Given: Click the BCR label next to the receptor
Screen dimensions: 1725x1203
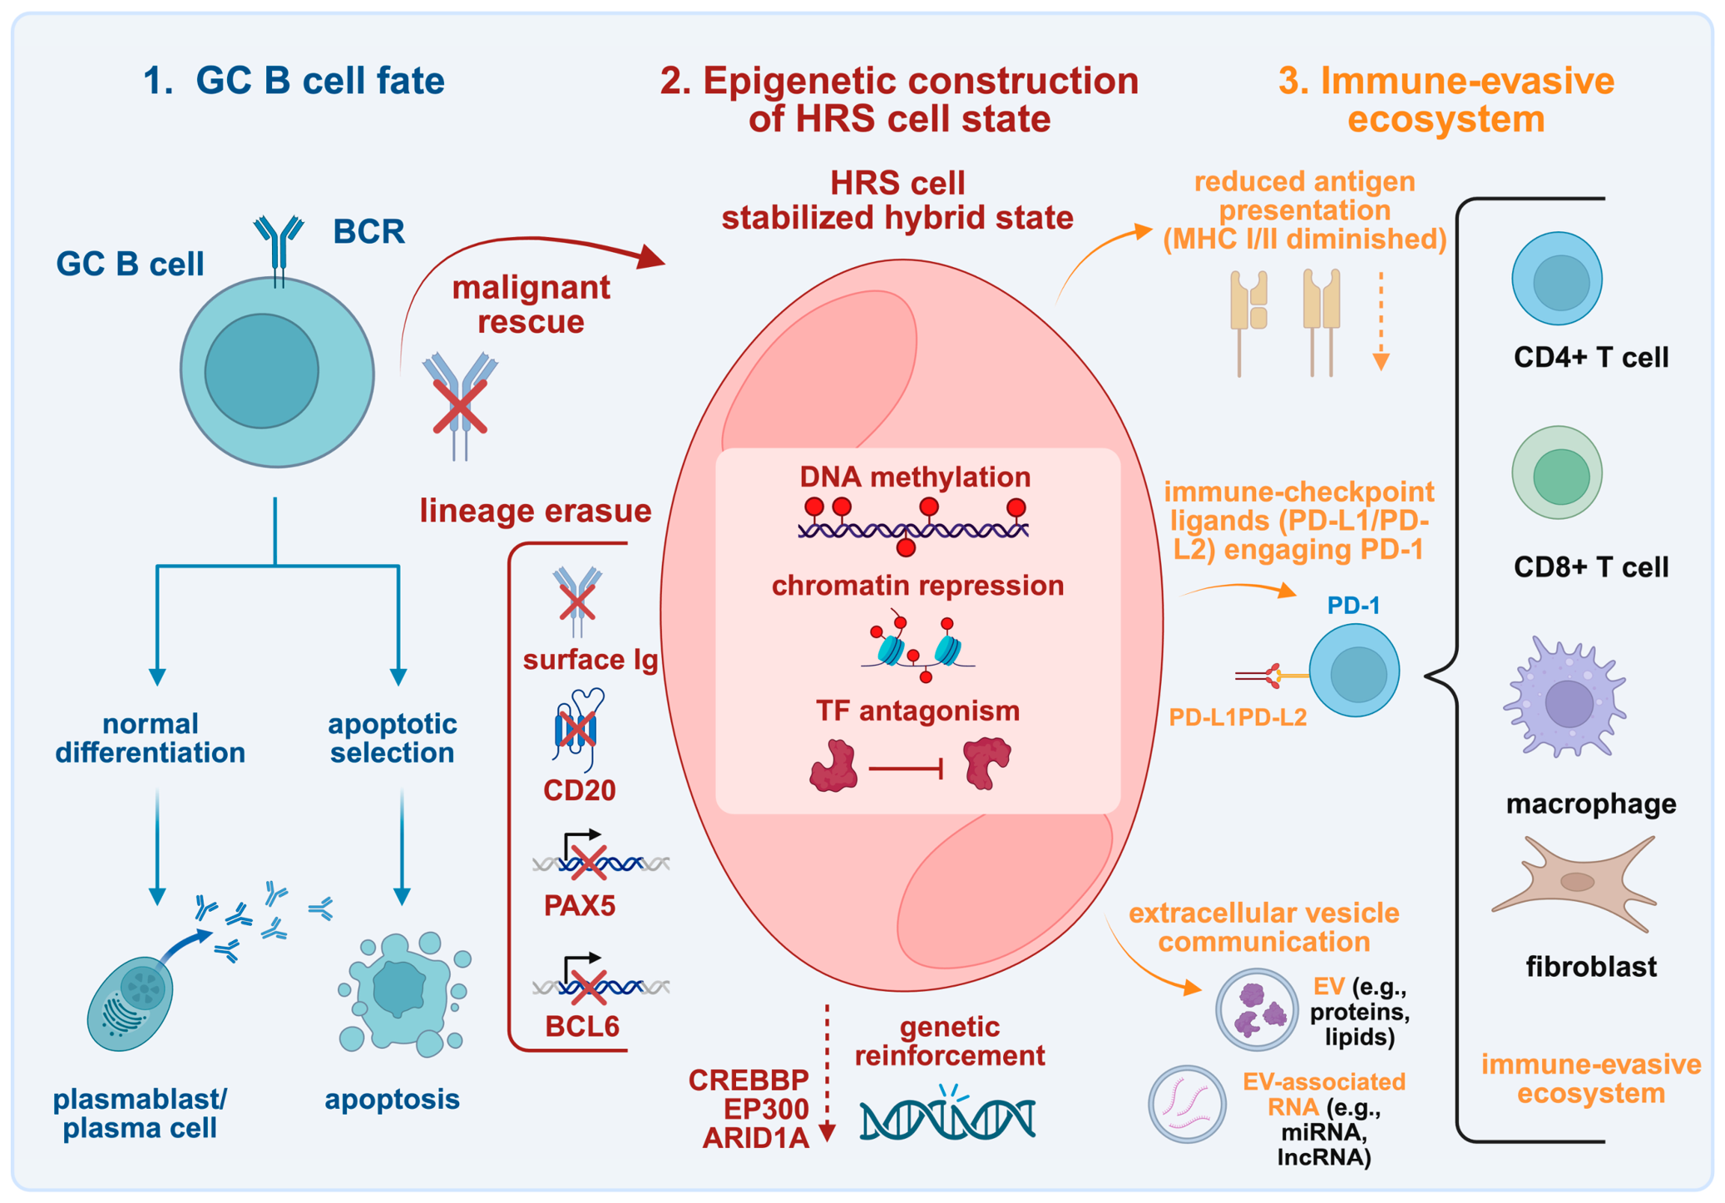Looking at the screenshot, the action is click(x=368, y=231).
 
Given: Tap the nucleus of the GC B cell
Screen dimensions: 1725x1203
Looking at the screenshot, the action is click(x=262, y=371).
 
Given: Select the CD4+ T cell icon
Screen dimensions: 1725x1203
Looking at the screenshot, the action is click(x=1556, y=279).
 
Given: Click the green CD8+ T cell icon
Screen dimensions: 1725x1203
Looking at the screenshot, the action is click(x=1556, y=473).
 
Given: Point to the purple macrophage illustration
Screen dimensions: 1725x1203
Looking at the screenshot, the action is click(x=1564, y=697).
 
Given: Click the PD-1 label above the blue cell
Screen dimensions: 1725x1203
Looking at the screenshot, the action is click(x=1353, y=606).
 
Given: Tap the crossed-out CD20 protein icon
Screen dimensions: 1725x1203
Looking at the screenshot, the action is click(x=577, y=729).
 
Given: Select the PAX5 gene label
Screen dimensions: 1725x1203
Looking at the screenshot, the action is click(x=580, y=905).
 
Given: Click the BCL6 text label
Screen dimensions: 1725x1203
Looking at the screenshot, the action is click(x=582, y=1027).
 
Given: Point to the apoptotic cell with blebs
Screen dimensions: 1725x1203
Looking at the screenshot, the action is click(x=405, y=993).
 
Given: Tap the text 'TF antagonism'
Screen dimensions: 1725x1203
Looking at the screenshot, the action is click(x=917, y=710).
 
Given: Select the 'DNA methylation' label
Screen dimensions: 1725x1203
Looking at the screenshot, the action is click(x=915, y=477).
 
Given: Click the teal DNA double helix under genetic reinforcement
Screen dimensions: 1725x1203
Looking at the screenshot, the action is click(x=947, y=1114).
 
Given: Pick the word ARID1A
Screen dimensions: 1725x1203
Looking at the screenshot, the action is click(x=755, y=1138).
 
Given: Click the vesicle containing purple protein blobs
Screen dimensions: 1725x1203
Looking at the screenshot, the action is click(x=1256, y=1009).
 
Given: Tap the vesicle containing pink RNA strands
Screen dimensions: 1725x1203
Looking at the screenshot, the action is click(x=1187, y=1104).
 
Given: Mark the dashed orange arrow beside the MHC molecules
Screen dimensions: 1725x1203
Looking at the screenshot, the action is click(x=1381, y=321).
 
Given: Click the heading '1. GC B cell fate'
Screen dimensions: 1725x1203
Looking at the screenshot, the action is click(x=294, y=81).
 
